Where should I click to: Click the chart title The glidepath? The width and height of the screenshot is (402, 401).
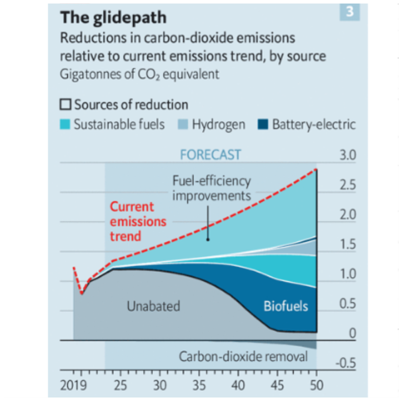[x=113, y=18]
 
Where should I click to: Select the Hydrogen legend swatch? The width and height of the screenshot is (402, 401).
[x=184, y=124]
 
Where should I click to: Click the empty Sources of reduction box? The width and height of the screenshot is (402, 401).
[x=65, y=105]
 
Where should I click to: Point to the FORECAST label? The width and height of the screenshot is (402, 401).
[x=211, y=154]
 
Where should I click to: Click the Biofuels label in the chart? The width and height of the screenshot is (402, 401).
[x=286, y=306]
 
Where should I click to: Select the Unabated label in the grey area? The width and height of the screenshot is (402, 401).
[x=153, y=306]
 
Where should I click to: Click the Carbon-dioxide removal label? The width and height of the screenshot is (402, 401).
[x=243, y=357]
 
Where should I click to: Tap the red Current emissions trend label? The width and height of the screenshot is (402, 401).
[x=131, y=221]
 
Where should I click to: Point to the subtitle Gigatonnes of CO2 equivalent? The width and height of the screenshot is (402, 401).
[x=140, y=74]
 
